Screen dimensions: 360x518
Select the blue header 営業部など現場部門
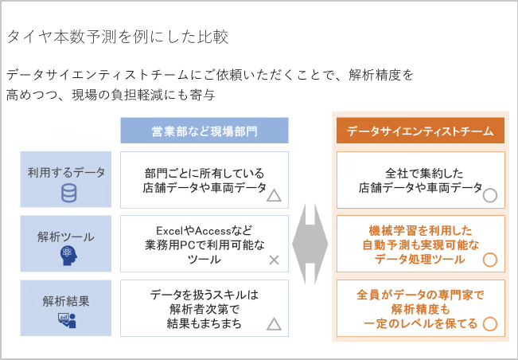click(204, 131)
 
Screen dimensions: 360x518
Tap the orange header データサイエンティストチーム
click(420, 131)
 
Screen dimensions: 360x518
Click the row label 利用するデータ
click(66, 171)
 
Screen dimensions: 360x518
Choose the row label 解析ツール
click(66, 237)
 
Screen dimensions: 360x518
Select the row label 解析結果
click(66, 302)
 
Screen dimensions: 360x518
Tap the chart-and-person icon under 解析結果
click(67, 320)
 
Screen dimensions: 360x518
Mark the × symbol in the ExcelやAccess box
click(273, 260)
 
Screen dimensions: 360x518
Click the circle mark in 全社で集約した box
click(490, 194)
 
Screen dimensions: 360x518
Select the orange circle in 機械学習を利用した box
click(490, 260)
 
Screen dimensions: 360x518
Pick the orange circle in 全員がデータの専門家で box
click(490, 323)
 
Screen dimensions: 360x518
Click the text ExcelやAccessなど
click(204, 228)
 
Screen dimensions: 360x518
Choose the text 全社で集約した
click(419, 172)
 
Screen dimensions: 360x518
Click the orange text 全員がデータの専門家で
click(420, 293)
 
